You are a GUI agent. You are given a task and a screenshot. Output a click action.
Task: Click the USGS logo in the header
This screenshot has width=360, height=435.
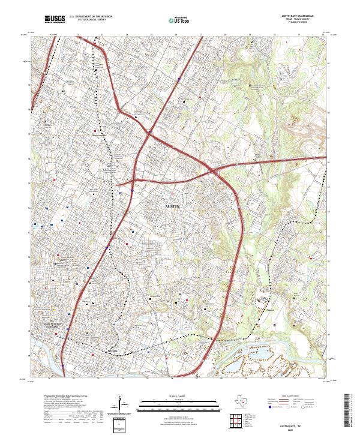click(54, 20)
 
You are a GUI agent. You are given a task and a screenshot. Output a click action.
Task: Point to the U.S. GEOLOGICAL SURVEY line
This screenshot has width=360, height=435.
click(88, 20)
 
